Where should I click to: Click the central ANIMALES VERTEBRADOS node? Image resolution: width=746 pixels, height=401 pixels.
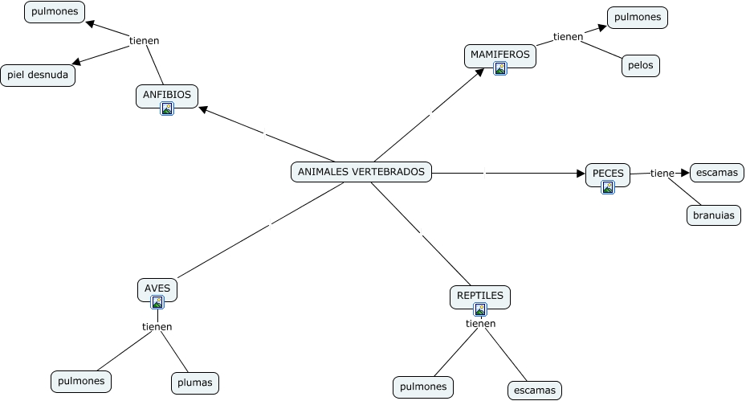361,172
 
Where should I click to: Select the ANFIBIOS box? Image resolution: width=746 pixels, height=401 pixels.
167,96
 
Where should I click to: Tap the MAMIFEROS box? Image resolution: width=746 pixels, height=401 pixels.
500,56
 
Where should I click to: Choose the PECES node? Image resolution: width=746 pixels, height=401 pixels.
608,175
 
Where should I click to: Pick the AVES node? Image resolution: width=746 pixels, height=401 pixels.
157,290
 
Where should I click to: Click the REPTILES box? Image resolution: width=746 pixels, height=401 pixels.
480,297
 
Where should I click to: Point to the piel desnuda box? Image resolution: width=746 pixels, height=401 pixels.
38,76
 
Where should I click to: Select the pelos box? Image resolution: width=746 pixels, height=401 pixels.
640,66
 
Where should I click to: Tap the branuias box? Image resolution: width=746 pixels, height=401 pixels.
714,215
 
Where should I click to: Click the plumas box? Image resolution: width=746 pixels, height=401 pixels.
195,383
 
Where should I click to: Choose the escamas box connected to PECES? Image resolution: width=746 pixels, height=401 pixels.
717,173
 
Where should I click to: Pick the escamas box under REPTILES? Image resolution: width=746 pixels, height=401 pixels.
535,391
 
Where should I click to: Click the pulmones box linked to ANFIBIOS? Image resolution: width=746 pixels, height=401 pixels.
55,12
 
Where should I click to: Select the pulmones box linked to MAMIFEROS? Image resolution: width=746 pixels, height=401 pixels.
638,18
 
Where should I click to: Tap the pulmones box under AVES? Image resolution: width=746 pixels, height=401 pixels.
81,382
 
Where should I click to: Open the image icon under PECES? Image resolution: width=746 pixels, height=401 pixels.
608,187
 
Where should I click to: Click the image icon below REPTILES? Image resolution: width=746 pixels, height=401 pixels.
480,309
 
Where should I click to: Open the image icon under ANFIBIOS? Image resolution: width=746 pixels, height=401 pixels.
167,108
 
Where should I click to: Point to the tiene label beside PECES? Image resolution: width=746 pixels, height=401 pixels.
662,174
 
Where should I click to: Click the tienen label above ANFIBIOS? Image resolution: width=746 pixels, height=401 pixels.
145,41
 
